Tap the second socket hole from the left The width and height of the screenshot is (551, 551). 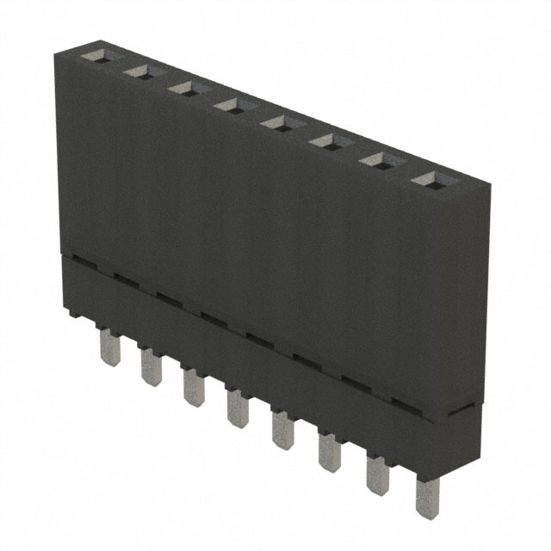(x=138, y=73)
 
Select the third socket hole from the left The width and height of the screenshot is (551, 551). (x=183, y=89)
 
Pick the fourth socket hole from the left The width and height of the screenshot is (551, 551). (x=229, y=105)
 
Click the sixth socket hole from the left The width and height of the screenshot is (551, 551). (x=324, y=139)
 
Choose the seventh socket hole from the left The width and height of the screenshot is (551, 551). (x=374, y=158)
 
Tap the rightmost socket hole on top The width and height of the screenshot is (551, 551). (x=425, y=179)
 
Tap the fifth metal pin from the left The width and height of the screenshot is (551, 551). (x=282, y=433)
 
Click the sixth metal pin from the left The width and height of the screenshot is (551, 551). (x=330, y=455)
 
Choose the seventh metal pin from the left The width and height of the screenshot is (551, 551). (x=377, y=479)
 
